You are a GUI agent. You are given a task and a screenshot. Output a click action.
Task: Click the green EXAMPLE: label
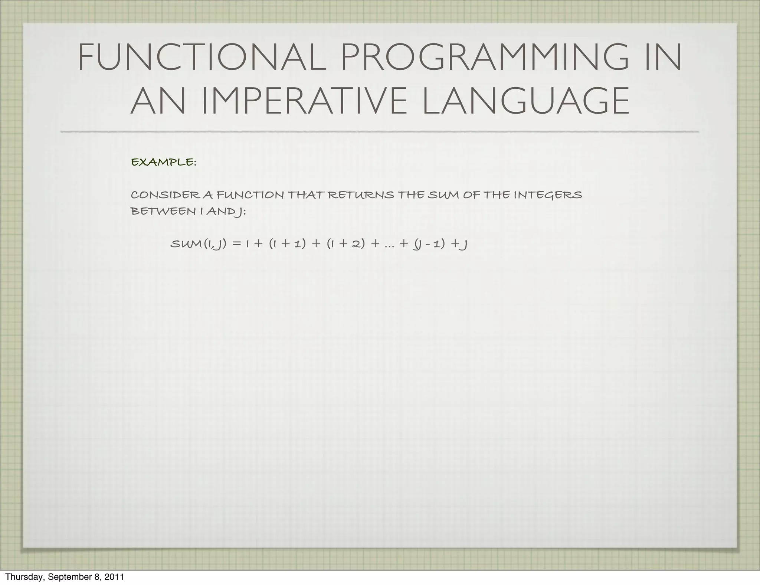164,162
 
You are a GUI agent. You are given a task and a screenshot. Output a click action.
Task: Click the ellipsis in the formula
389,246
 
